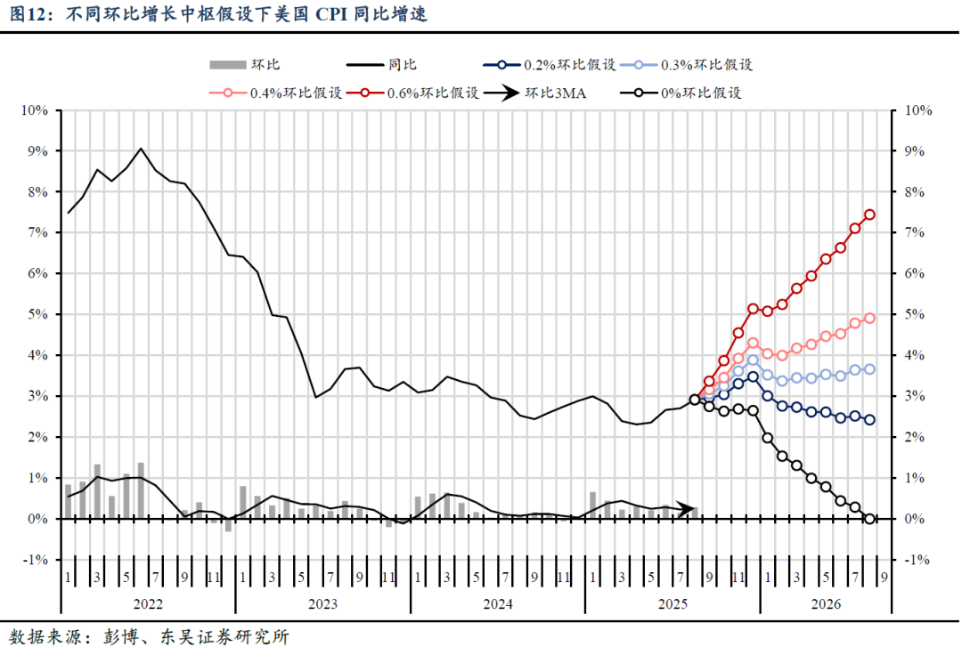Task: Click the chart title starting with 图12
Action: pyautogui.click(x=214, y=15)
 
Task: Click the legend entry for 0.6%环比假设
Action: pyautogui.click(x=414, y=93)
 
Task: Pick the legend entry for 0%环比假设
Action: pyautogui.click(x=683, y=93)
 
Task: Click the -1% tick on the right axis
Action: pyautogui.click(x=917, y=560)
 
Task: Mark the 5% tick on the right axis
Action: pyautogui.click(x=917, y=314)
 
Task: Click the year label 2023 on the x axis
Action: pyautogui.click(x=322, y=603)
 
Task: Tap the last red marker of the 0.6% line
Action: pyautogui.click(x=869, y=214)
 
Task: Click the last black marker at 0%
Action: pyautogui.click(x=869, y=518)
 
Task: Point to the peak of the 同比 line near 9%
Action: pyautogui.click(x=141, y=149)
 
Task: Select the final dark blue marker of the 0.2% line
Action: pyautogui.click(x=869, y=420)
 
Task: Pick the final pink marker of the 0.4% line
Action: pyautogui.click(x=869, y=318)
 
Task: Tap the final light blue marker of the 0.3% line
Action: pyautogui.click(x=869, y=369)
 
